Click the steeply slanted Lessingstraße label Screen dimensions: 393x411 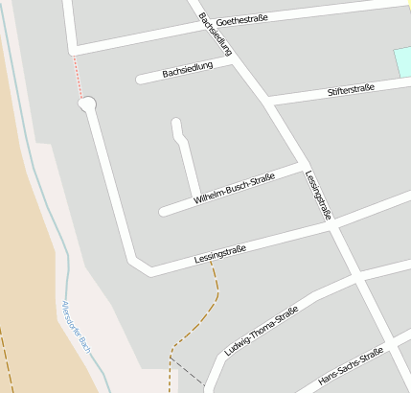click(318, 196)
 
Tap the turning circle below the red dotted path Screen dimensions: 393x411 click(87, 104)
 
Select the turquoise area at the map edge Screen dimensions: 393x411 click(401, 63)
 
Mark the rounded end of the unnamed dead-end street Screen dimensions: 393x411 click(176, 124)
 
